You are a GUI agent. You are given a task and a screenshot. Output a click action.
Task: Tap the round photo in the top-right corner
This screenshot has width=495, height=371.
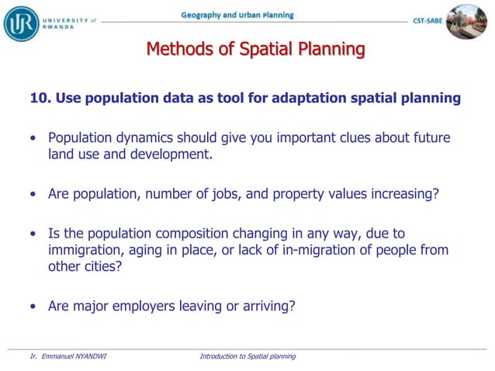pyautogui.click(x=468, y=21)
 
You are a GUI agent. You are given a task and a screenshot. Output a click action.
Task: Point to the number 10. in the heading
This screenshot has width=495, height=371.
pyautogui.click(x=40, y=98)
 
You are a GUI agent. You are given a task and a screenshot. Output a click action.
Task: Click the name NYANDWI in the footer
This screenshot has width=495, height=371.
pyautogui.click(x=85, y=356)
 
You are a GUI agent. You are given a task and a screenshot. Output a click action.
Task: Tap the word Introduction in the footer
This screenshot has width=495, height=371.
pyautogui.click(x=219, y=356)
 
